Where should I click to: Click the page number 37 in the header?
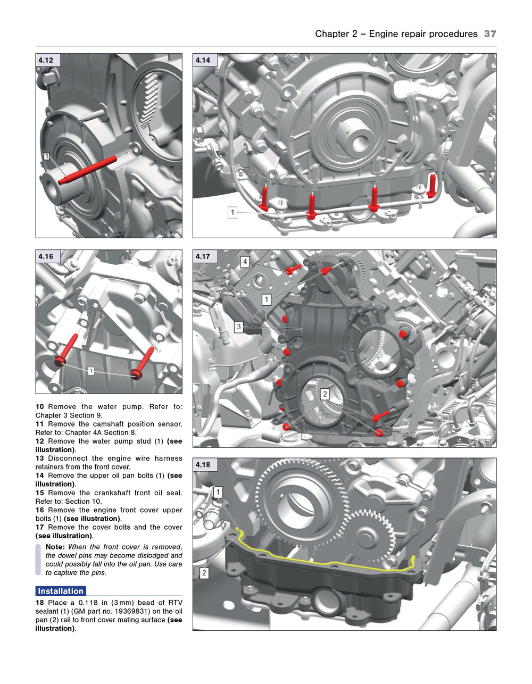pos(490,34)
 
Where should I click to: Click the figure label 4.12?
pos(46,61)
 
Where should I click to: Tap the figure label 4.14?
pos(203,61)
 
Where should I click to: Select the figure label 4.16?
pos(46,257)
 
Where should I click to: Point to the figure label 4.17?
pos(203,257)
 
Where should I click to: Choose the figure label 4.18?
pos(203,465)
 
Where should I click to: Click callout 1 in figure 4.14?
pos(232,213)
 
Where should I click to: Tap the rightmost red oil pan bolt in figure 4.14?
pos(431,186)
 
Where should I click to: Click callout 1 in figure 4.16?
pos(91,371)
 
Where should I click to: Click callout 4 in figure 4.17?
pos(245,262)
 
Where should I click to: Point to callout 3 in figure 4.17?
pos(239,327)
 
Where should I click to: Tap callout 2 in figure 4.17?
pos(325,394)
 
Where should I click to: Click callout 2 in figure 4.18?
pos(204,573)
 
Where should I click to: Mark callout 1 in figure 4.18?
pos(218,493)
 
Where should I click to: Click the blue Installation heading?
pos(61,591)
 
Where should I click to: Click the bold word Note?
pos(55,547)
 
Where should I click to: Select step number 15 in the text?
pos(40,493)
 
